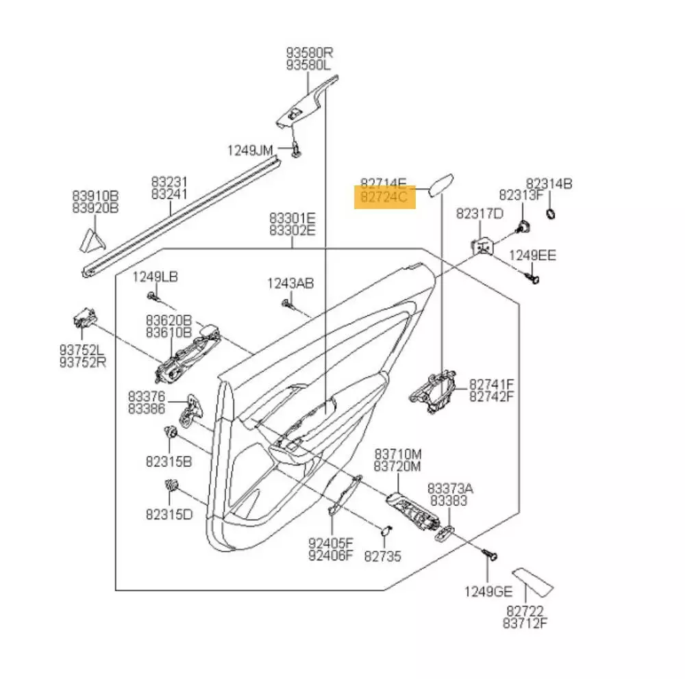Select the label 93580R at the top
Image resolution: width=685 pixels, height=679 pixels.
click(309, 52)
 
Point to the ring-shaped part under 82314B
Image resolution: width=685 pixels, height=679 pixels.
click(551, 216)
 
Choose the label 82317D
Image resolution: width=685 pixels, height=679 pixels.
click(480, 214)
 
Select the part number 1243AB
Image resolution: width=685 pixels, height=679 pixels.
click(290, 283)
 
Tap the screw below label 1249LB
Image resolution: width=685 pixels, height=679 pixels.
click(151, 296)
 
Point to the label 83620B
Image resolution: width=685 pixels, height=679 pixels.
click(168, 320)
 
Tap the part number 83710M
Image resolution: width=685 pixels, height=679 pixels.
click(397, 454)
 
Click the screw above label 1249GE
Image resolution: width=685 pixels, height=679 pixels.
click(490, 554)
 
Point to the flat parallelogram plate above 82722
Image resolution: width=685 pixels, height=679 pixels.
click(532, 582)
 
